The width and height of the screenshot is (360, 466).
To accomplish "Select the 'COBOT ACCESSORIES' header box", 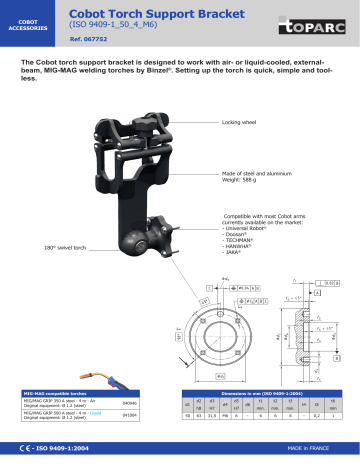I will point(27,21).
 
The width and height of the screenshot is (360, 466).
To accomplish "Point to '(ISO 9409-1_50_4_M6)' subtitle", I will point(112,23).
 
